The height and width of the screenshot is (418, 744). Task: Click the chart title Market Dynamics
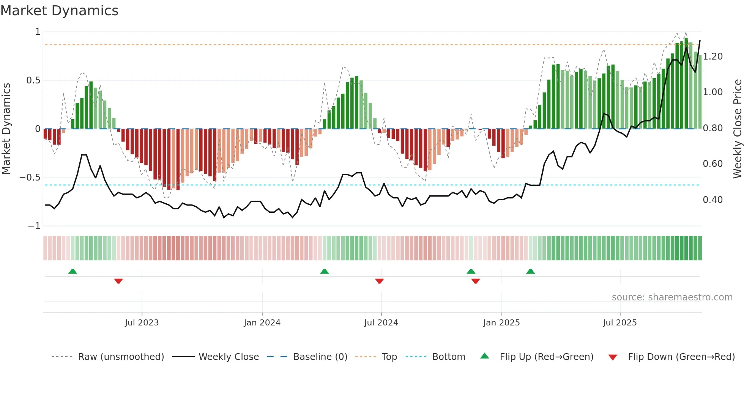pos(59,11)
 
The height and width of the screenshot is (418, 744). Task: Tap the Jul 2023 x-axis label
pos(142,323)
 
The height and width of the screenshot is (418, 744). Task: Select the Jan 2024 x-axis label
pos(262,323)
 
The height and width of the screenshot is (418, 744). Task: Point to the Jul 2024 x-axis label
pos(381,323)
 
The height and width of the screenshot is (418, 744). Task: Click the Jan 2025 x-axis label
pos(501,323)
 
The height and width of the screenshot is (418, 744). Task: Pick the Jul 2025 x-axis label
pos(620,323)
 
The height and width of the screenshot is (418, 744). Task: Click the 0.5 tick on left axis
pos(33,80)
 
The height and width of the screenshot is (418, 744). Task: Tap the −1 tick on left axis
pos(34,226)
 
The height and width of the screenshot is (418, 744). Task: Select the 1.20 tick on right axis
pos(713,57)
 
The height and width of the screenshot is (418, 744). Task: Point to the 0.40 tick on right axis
pos(713,200)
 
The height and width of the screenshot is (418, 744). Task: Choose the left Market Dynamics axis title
pos(6,129)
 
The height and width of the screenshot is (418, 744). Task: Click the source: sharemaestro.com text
pos(672,297)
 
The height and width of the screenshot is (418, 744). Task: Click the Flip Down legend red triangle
pos(613,357)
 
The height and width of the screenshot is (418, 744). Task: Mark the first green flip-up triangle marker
pos(73,271)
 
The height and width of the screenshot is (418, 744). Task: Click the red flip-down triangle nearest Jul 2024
pos(379,281)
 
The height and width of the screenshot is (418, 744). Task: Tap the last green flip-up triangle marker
pos(530,271)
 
